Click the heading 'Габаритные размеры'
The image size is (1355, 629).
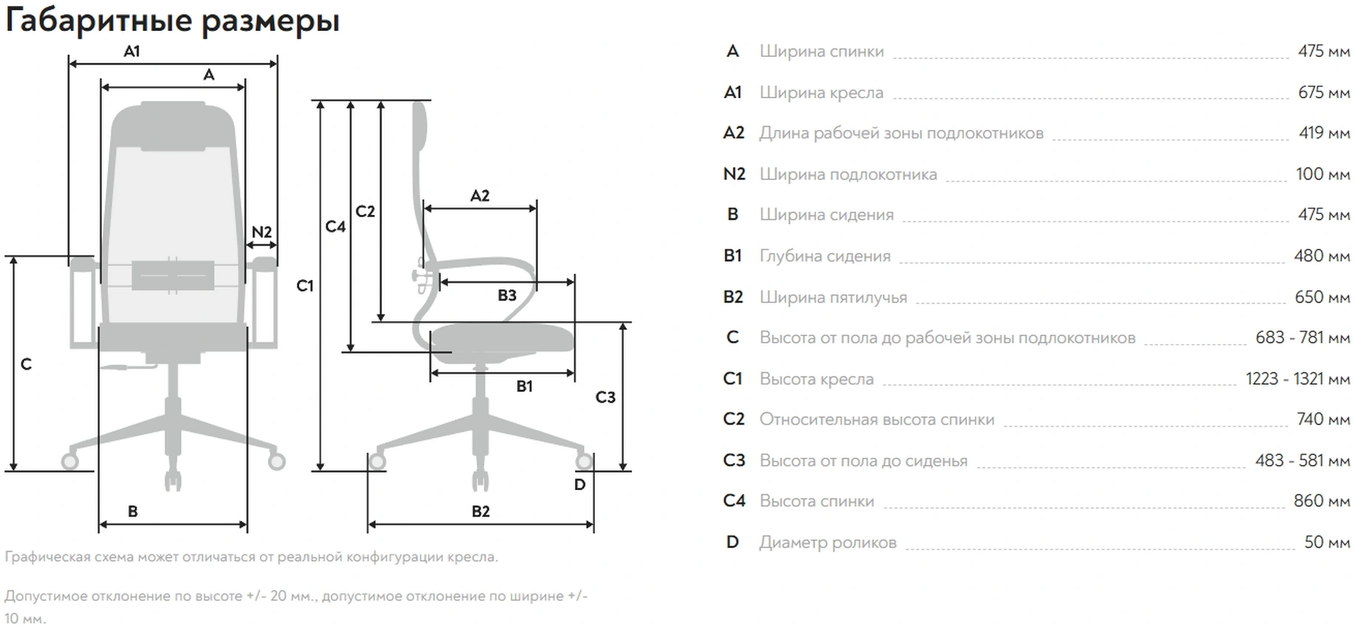pos(172,21)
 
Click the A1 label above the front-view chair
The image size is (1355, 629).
pos(131,52)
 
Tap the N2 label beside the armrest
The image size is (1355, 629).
pos(261,232)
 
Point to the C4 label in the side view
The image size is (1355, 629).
pos(335,227)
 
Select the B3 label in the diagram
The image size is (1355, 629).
pos(506,295)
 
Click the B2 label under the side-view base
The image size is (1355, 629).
pos(480,511)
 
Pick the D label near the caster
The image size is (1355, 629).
pos(579,485)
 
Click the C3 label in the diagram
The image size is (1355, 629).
pos(605,397)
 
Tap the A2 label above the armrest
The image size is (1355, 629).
pos(480,196)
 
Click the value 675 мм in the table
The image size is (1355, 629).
pos(1323,92)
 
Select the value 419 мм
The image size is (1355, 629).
pos(1324,133)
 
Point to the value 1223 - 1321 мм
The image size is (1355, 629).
pos(1297,379)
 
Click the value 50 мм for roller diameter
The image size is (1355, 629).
pos(1326,542)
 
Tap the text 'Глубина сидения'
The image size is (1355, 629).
pos(824,256)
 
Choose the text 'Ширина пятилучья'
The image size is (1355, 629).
pos(833,298)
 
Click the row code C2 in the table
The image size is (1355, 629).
pos(733,419)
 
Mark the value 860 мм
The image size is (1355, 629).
pos(1321,501)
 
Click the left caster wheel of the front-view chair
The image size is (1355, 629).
pos(69,461)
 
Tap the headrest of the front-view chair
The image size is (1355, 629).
pos(173,126)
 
